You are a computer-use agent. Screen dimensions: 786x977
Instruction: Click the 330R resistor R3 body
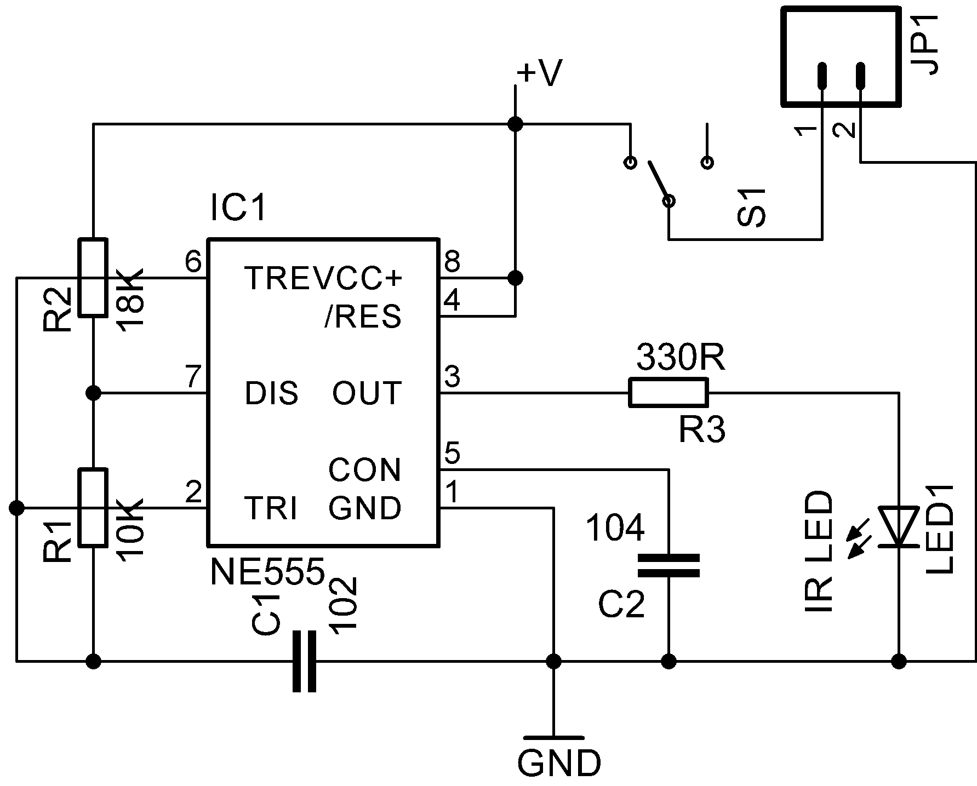coord(668,392)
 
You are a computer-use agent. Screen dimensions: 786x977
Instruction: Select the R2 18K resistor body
coord(93,278)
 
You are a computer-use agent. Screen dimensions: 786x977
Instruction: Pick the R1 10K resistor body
coord(93,507)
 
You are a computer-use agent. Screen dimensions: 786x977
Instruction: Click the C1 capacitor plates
coord(304,662)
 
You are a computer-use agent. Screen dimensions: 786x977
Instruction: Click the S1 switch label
coord(751,208)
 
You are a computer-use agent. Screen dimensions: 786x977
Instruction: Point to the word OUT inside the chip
coord(367,393)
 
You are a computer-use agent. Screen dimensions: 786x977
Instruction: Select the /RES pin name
coord(362,317)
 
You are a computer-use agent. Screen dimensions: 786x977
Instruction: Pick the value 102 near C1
coord(344,606)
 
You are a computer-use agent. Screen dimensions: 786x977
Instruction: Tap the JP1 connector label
coord(925,44)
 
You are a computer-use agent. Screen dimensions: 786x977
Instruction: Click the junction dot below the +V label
coord(515,124)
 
